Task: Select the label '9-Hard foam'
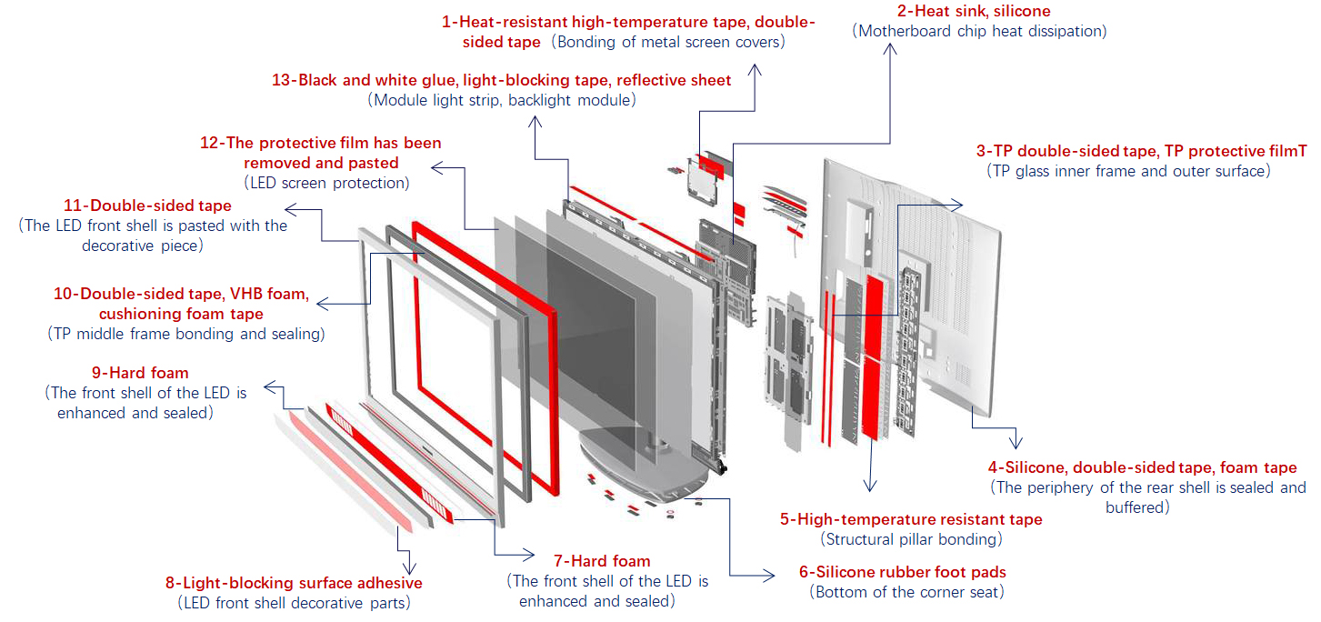tap(140, 373)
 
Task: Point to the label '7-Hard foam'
tap(602, 561)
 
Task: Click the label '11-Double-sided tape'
tap(147, 206)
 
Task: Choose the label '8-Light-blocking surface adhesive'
tap(294, 583)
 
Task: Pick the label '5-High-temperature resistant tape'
tap(911, 519)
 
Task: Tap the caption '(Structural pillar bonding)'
tap(911, 539)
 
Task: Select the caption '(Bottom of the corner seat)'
tap(906, 593)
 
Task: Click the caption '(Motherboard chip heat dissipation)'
tap(979, 32)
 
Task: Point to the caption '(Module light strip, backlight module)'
tap(501, 100)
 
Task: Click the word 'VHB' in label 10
tap(252, 295)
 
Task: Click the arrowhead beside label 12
tap(436, 166)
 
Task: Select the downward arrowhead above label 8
tap(405, 567)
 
